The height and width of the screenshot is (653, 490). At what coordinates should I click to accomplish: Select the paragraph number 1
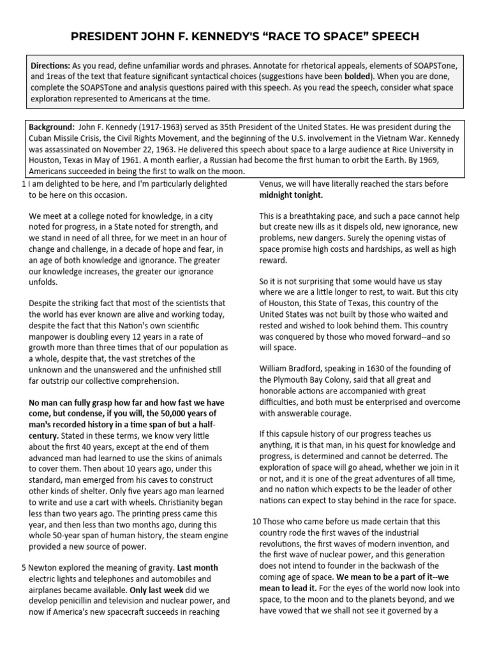(23, 185)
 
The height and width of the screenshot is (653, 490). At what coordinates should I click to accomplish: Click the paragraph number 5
(23, 568)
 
